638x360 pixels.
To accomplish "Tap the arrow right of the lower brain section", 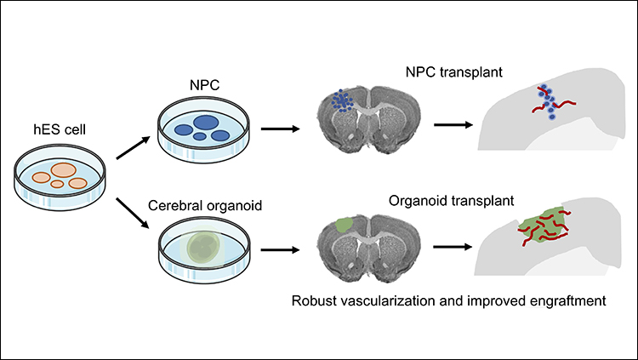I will pyautogui.click(x=450, y=248).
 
